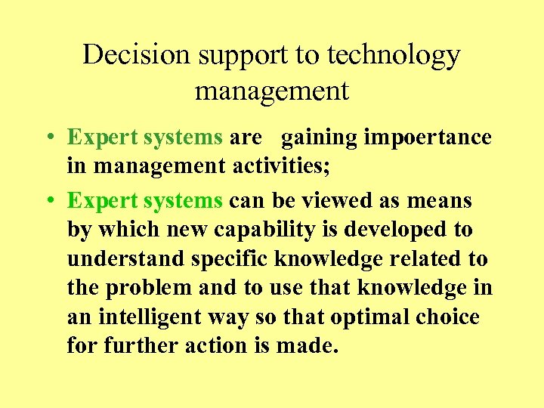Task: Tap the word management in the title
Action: pyautogui.click(x=272, y=91)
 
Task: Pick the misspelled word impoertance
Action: pyautogui.click(x=428, y=138)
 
